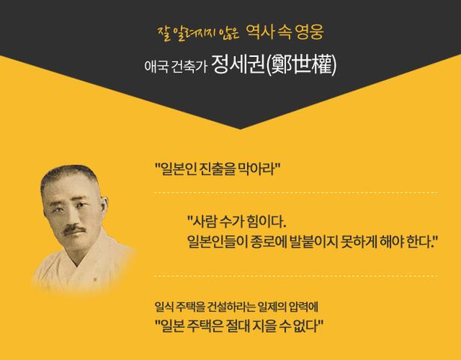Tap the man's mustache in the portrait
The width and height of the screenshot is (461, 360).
pyautogui.click(x=74, y=229)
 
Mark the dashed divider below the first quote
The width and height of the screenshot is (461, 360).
pyautogui.click(x=295, y=193)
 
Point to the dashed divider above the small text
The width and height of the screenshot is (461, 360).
pyautogui.click(x=295, y=276)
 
